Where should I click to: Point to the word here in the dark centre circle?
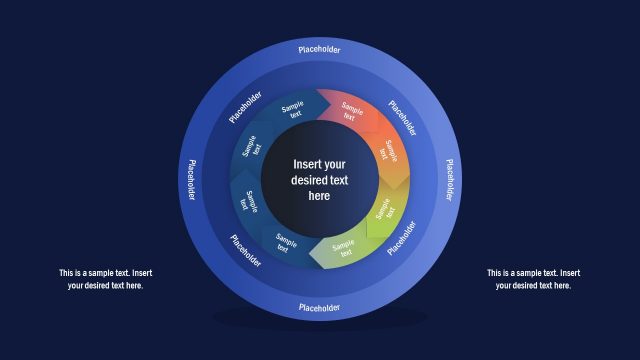(319, 196)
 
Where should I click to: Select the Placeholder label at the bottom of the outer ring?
(319, 307)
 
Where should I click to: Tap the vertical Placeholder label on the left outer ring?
(190, 179)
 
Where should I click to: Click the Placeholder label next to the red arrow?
(403, 118)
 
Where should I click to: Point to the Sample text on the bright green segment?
(385, 211)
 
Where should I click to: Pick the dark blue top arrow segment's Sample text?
(293, 110)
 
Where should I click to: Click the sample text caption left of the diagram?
(105, 279)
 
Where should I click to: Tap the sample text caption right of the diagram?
(533, 279)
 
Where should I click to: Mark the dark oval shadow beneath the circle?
(319, 319)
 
